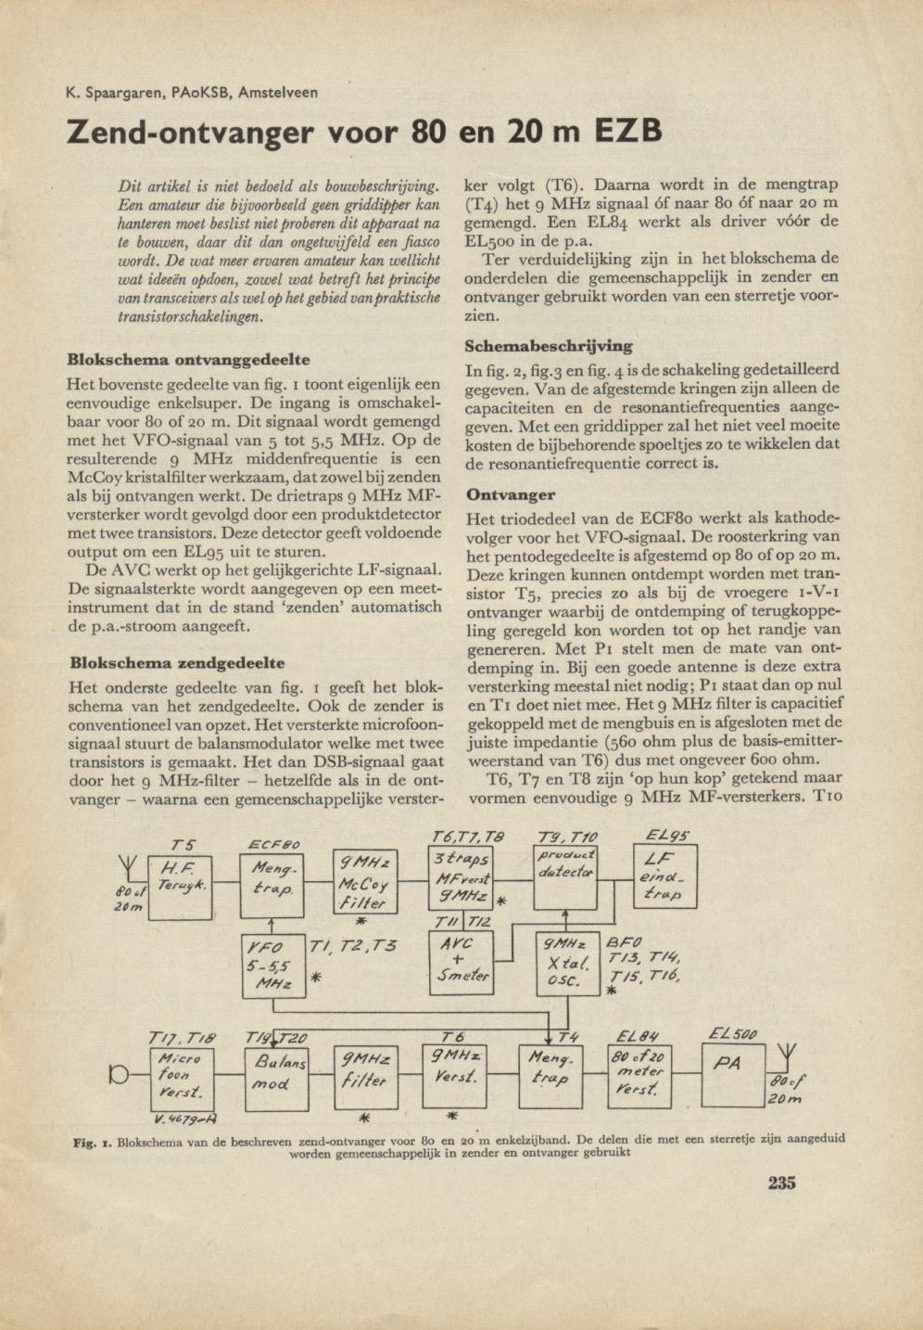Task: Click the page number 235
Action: (781, 1183)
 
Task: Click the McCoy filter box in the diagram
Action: (364, 880)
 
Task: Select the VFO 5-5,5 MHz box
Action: (272, 965)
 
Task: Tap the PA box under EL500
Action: (733, 1073)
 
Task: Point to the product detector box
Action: (565, 876)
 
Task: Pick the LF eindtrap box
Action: (664, 876)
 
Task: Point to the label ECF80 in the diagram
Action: (274, 844)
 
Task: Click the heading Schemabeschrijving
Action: (548, 346)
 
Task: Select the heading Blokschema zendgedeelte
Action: (176, 663)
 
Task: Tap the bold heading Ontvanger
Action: (511, 494)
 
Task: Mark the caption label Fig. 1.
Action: (93, 1143)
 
